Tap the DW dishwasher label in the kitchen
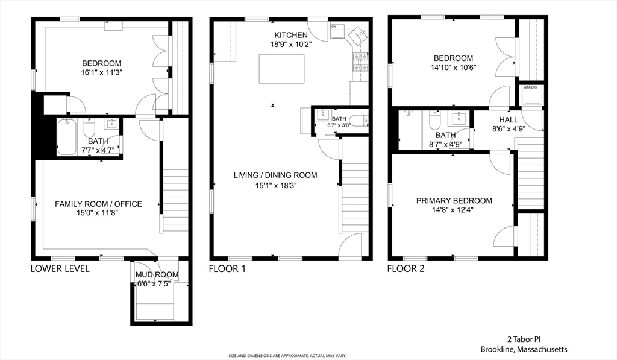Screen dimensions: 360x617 pos(334,27)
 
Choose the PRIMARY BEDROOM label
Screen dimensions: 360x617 pos(454,201)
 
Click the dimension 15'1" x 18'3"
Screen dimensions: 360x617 pos(275,186)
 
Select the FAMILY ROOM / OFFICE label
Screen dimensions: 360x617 pos(98,204)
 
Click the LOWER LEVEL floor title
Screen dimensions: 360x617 pos(60,268)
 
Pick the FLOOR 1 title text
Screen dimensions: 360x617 pos(227,268)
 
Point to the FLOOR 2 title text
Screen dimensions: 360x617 pos(406,268)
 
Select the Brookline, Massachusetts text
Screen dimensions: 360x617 pos(524,349)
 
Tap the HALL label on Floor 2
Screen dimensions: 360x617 pos(509,119)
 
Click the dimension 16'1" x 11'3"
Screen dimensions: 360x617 pos(101,73)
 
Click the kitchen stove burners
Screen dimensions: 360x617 pos(360,62)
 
